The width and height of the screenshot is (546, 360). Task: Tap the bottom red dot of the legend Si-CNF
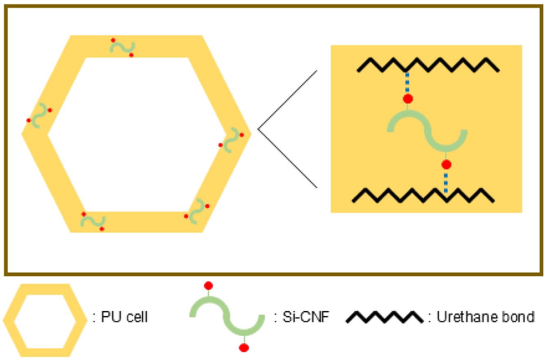(244, 348)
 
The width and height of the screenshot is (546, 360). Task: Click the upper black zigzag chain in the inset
(428, 65)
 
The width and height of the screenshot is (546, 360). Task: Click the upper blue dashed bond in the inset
(407, 83)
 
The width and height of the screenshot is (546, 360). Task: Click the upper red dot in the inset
(407, 99)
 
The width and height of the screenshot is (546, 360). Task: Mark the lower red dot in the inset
(447, 164)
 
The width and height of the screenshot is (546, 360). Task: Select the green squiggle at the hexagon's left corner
(40, 115)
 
